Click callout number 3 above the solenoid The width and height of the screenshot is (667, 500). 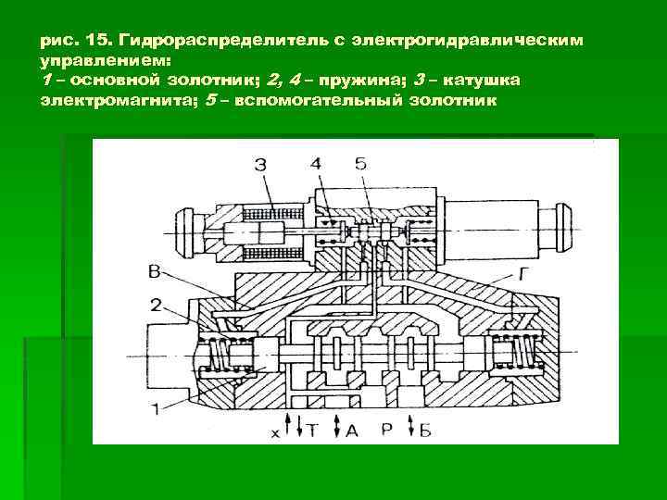pyautogui.click(x=262, y=166)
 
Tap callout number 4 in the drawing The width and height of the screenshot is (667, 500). pyautogui.click(x=318, y=165)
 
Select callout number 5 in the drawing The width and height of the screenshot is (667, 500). pyautogui.click(x=360, y=165)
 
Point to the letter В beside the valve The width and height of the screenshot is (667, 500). pyautogui.click(x=156, y=271)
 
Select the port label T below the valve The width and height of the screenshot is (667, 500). pyautogui.click(x=313, y=431)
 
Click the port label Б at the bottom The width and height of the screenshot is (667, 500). pyautogui.click(x=427, y=431)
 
